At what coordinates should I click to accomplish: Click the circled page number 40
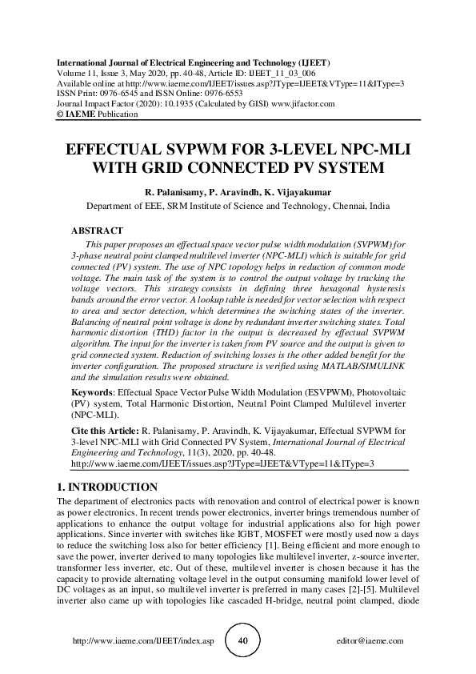pos(243,642)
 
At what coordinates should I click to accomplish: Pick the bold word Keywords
pos(92,394)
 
